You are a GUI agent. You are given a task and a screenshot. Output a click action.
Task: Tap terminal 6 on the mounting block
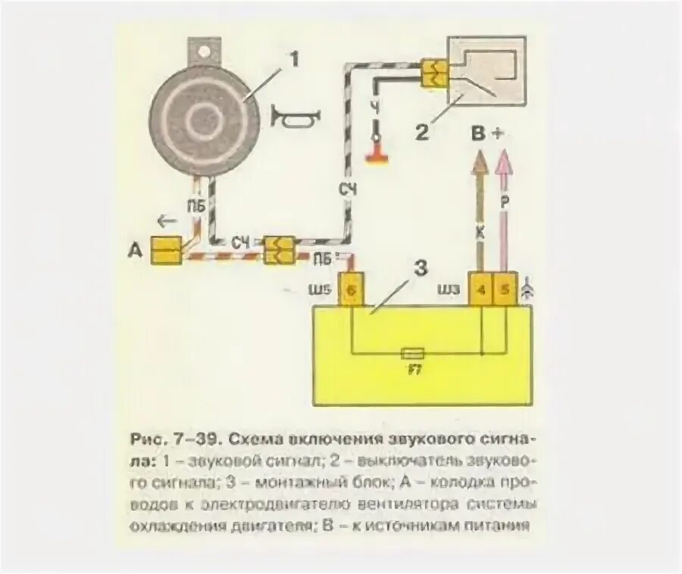[350, 291]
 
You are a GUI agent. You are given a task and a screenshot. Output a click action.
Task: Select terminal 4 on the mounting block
[481, 291]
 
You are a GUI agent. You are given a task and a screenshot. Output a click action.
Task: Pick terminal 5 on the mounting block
[505, 291]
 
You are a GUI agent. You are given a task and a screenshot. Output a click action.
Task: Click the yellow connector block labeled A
[165, 251]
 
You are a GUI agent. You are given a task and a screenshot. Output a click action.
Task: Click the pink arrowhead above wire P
[502, 158]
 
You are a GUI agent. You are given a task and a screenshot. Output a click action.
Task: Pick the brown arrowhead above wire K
[480, 159]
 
